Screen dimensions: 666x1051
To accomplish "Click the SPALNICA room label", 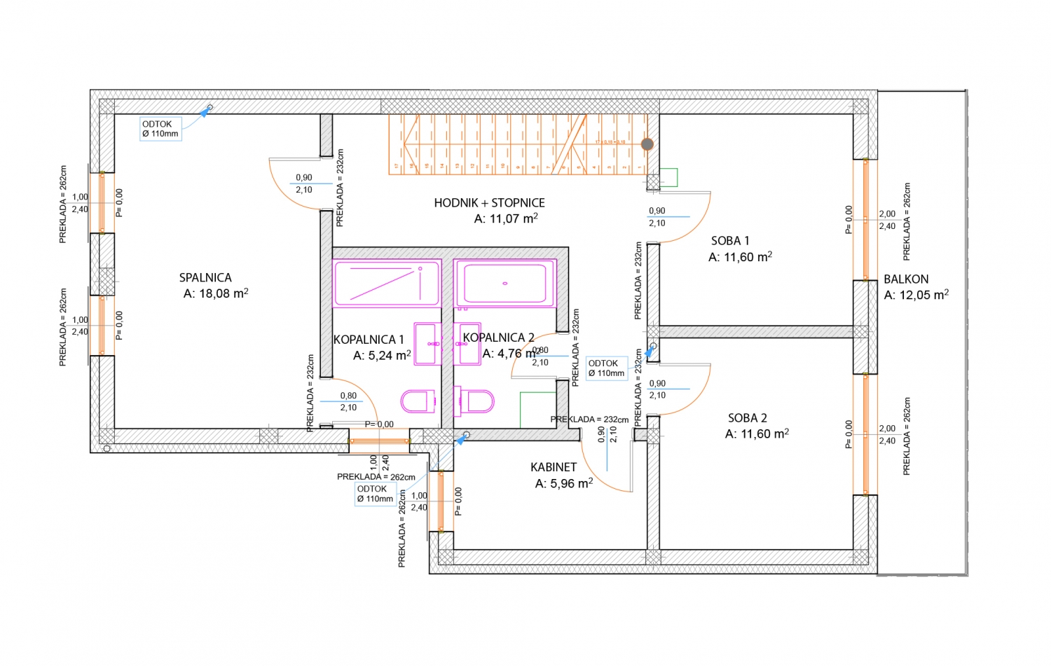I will coord(205,278).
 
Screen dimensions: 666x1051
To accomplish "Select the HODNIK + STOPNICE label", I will coord(489,203).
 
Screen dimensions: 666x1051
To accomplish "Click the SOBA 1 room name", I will coord(730,241).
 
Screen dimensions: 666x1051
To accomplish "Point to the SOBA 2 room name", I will coord(747,418).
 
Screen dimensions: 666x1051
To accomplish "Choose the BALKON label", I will coord(906,279).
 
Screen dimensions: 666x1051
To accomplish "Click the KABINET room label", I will coord(554,467).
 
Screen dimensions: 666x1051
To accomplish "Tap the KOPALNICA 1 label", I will coord(369,340).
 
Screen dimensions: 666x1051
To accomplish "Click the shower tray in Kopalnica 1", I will coord(387,283).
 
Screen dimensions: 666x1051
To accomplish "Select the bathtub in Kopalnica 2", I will coord(505,283).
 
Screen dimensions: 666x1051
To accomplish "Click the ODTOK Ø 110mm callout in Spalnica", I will coord(160,129).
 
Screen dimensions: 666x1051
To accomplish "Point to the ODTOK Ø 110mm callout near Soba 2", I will coord(606,368).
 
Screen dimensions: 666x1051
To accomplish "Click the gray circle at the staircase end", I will coord(647,144).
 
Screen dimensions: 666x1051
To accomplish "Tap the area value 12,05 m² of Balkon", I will coord(916,296).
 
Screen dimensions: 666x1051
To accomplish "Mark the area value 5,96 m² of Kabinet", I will coord(563,483).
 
